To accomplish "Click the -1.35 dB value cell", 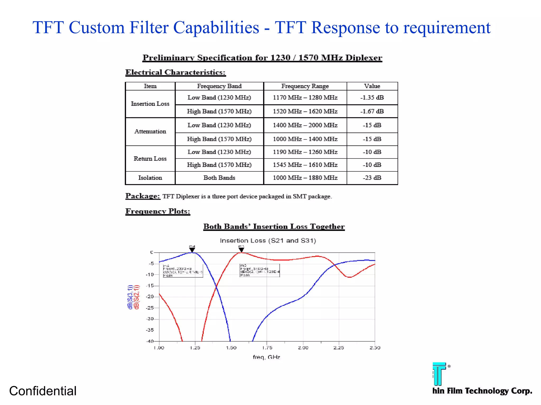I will [x=372, y=98].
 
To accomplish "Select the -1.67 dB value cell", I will [x=372, y=111].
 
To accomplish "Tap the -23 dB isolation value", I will [x=372, y=178].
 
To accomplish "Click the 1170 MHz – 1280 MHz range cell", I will [x=305, y=98].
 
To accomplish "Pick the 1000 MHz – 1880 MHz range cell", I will [x=305, y=178].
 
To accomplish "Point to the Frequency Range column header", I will [x=305, y=86].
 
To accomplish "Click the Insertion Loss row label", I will [x=150, y=104].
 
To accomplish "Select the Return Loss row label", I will [x=150, y=158].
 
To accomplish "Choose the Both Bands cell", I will [x=219, y=178].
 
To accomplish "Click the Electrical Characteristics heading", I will [x=175, y=72].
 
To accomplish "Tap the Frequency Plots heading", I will [x=158, y=211].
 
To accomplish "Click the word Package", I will [x=143, y=196].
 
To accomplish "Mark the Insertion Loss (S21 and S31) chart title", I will [x=268, y=240].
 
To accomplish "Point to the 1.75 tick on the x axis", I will [x=267, y=348].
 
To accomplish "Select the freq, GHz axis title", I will [x=266, y=357].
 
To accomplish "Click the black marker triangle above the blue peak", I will [x=192, y=249].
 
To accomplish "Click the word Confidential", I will [x=43, y=391].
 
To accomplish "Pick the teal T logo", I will [x=439, y=374].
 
